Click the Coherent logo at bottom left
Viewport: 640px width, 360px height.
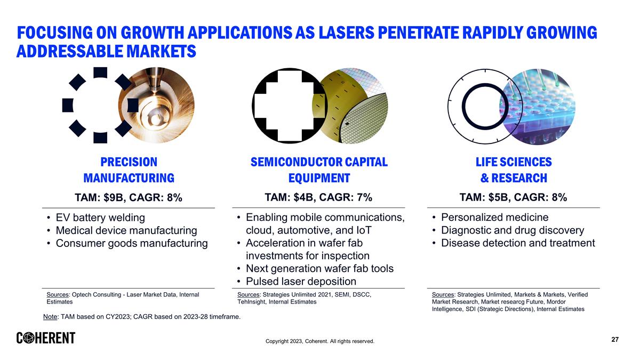(x=46, y=338)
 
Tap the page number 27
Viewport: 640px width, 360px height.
(x=614, y=340)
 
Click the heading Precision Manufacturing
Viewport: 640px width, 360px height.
(x=129, y=170)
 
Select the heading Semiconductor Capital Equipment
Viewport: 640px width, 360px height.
(x=319, y=170)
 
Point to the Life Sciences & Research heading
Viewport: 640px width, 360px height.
(x=514, y=170)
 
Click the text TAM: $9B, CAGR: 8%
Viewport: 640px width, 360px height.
(x=129, y=198)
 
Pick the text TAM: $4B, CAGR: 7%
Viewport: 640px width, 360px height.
(x=318, y=197)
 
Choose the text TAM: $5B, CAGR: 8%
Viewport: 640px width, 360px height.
(x=513, y=197)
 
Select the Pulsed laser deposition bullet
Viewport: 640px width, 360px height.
(x=301, y=281)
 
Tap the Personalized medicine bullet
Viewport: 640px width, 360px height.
(x=494, y=217)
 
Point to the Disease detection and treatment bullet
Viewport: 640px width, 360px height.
(x=517, y=243)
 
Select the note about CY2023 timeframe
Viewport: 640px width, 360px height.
(x=141, y=317)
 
